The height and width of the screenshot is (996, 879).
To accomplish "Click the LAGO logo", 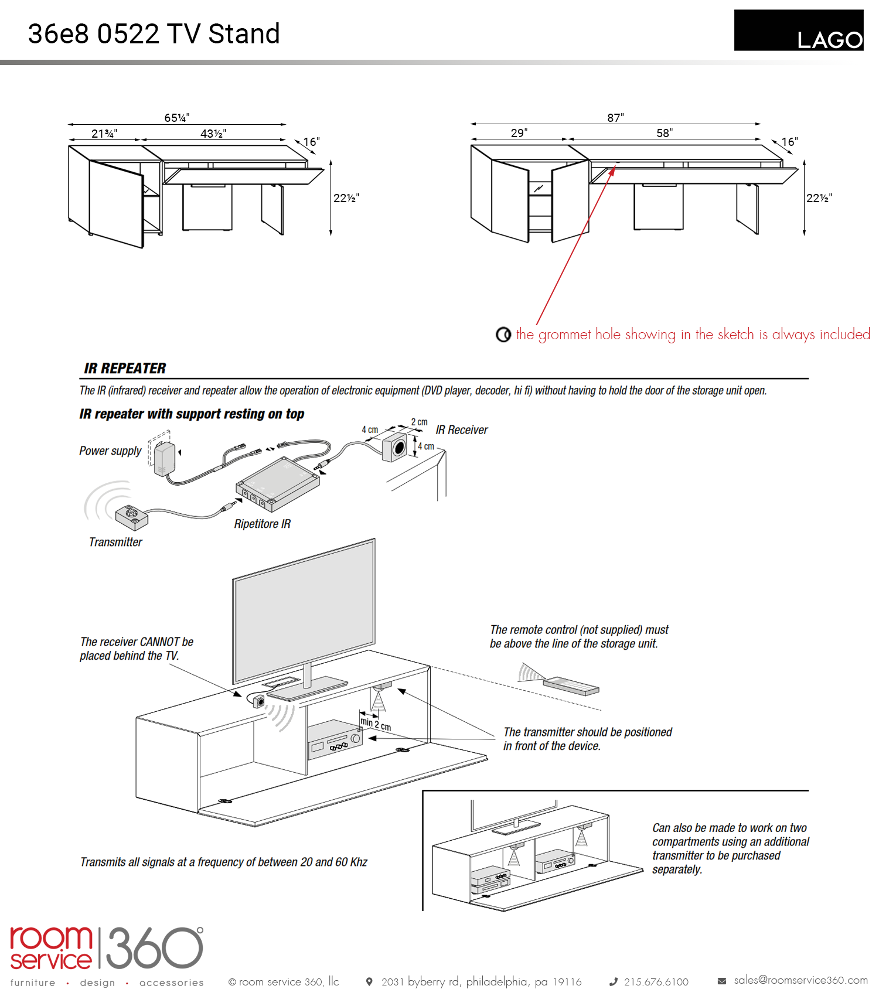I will click(799, 30).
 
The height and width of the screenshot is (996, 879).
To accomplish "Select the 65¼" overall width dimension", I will click(176, 118).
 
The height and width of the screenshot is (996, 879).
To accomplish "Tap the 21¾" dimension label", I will click(104, 134).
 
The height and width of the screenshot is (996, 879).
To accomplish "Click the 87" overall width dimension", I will click(615, 118).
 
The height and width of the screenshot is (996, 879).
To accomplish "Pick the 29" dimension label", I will click(519, 133).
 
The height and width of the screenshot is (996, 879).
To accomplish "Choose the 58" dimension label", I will click(664, 133).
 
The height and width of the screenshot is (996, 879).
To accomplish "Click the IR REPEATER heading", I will click(125, 369).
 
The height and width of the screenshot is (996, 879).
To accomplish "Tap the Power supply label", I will click(110, 451).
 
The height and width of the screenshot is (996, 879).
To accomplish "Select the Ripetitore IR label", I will click(262, 524).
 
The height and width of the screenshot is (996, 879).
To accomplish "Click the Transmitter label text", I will click(115, 542).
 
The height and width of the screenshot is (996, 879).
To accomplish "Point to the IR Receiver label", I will click(462, 430).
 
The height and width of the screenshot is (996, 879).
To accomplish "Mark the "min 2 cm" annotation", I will click(376, 724).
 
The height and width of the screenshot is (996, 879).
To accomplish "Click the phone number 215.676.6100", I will click(656, 982).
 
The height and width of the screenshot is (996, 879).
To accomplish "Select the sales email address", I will click(800, 980).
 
